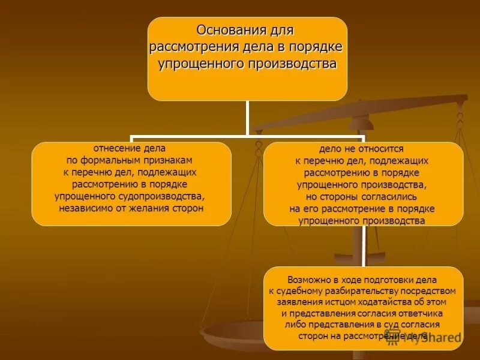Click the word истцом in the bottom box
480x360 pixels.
[323, 302]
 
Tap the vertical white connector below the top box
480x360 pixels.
[247, 117]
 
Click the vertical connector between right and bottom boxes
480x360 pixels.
[364, 246]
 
